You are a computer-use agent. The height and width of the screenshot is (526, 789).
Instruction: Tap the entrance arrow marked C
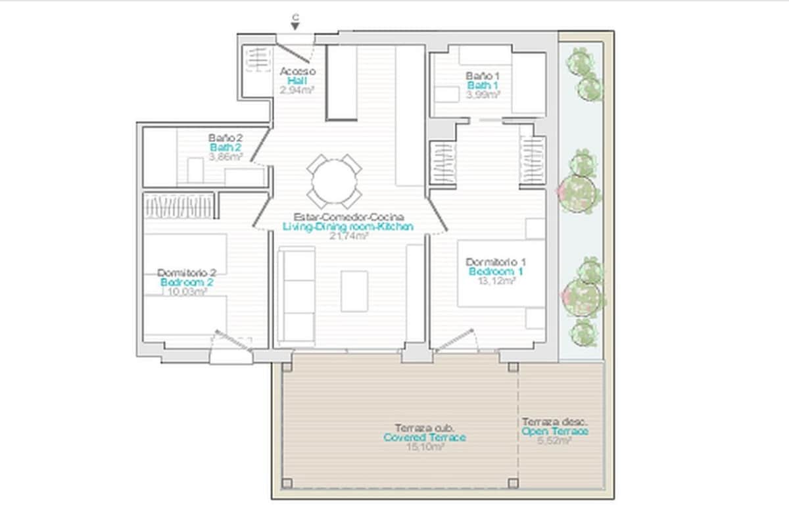[x=295, y=24]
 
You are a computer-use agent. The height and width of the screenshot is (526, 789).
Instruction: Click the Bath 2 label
[x=226, y=147]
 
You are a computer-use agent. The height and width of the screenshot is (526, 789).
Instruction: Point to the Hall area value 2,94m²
[x=297, y=90]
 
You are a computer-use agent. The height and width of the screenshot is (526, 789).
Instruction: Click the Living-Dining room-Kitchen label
[x=348, y=226]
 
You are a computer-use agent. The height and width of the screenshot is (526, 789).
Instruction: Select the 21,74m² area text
[x=348, y=235]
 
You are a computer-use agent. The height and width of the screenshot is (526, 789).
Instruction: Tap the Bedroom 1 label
[x=496, y=271]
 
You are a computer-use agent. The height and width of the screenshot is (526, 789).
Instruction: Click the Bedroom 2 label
[x=186, y=282]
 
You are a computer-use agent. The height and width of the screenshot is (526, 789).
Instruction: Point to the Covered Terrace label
[x=425, y=437]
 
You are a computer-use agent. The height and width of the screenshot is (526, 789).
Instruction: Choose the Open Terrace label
[x=555, y=431]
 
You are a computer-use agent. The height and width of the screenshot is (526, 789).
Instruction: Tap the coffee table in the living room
[x=354, y=291]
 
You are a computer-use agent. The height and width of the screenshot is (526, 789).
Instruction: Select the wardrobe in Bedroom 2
[x=179, y=206]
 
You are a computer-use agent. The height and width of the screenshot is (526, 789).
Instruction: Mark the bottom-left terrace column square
[x=287, y=483]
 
